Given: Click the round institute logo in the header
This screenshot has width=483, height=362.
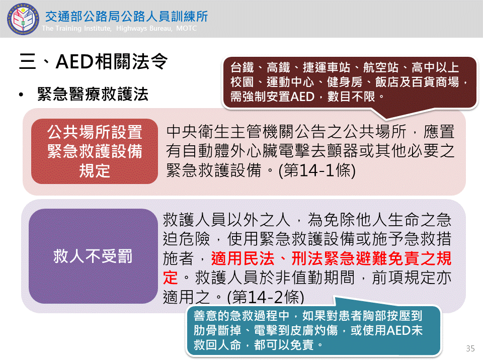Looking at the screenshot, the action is coord(23,19).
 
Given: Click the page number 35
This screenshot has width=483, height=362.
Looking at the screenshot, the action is coord(470,348).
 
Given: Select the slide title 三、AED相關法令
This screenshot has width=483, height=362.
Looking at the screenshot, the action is coord(94,61).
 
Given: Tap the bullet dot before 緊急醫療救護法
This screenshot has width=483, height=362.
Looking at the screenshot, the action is coord(21,95).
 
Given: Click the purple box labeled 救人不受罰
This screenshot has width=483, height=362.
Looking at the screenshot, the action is coord(93,256).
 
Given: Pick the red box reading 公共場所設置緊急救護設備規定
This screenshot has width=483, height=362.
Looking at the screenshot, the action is coord(95,151).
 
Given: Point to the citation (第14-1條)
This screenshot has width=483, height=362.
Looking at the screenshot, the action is coord(317,170).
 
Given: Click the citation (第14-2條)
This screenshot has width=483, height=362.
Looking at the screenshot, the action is coord(266,297).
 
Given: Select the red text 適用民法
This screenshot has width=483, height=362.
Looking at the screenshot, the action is coord(243,258).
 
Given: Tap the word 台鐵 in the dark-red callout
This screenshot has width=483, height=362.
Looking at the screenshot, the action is coord(243,67).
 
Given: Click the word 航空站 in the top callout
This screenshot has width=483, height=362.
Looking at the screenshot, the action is coord(381,67).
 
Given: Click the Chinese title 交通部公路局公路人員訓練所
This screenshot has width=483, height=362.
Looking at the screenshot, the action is coord(127,16).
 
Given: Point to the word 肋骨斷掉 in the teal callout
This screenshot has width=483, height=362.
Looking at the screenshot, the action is coord(217,330).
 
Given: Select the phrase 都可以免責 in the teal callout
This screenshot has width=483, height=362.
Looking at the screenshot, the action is coord(284,345).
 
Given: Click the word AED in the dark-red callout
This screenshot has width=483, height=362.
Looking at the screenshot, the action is coord(302,97).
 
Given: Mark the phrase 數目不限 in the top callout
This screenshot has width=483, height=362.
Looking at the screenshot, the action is coord(352,97).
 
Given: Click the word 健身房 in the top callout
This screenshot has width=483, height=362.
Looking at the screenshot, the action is coord(345,82).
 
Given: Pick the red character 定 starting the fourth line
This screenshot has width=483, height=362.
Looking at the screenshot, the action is coord(171,278).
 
